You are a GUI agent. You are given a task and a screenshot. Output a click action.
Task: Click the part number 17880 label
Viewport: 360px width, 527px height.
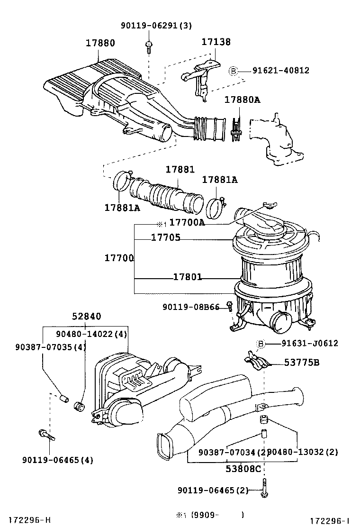[100, 43]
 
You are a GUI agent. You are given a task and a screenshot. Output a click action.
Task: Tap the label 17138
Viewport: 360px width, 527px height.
[216, 42]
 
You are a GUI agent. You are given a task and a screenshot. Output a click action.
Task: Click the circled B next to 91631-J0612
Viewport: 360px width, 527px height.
[260, 344]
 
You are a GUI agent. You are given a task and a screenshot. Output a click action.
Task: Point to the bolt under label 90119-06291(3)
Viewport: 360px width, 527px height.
[149, 45]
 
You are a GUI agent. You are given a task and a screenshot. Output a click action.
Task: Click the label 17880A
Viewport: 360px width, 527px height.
[242, 100]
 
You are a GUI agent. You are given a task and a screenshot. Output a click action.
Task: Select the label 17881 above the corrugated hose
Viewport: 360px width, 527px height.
[180, 170]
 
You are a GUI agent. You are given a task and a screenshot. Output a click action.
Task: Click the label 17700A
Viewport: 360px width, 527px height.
[187, 223]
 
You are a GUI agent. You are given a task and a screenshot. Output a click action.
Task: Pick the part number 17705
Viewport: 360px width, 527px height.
[165, 238]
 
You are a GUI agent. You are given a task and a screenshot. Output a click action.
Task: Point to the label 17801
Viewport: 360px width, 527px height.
[187, 277]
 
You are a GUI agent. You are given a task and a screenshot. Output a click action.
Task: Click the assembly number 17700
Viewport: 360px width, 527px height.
[119, 258]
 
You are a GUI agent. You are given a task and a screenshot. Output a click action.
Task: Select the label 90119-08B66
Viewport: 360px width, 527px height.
[191, 307]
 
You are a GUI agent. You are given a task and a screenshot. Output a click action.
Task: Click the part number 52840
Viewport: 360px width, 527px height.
[87, 317]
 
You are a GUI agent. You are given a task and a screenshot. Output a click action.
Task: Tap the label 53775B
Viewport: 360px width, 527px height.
[302, 363]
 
